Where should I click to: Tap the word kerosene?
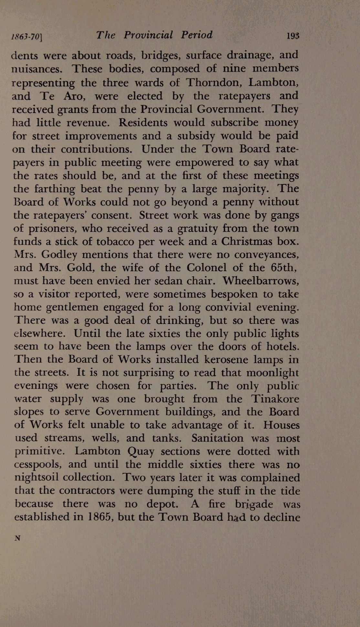click(202, 359)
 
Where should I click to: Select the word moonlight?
click(272, 373)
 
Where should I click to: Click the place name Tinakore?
click(275, 399)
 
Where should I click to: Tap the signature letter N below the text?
click(17, 538)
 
